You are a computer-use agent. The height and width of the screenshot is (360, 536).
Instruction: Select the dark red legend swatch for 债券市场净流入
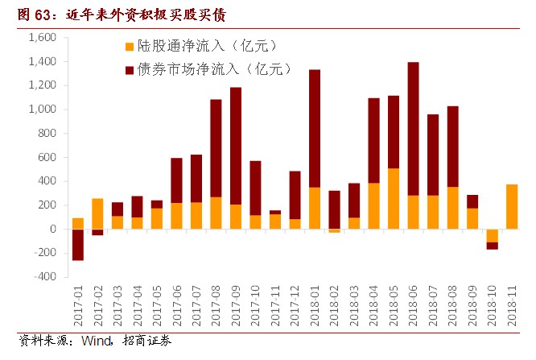[131, 70]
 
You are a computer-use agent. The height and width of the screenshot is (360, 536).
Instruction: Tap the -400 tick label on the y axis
[44, 276]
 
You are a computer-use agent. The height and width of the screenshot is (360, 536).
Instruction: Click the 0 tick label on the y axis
[52, 229]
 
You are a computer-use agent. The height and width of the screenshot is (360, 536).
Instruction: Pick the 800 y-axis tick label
[47, 134]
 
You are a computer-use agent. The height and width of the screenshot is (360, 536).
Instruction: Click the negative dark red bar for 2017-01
[78, 244]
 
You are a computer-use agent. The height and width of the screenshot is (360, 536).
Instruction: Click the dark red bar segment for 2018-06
[413, 129]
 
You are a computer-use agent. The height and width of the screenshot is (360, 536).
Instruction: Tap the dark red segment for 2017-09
[236, 146]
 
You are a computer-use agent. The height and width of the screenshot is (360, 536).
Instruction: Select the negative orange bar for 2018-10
[492, 235]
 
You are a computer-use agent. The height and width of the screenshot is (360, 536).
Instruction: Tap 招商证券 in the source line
[146, 341]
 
